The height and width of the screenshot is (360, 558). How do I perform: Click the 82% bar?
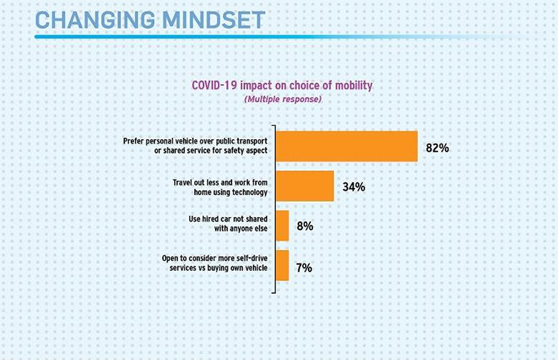tap(346, 147)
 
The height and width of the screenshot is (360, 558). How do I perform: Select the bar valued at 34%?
tap(304, 186)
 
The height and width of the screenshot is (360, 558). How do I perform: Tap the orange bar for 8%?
tap(282, 225)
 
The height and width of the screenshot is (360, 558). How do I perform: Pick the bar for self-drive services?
tap(281, 265)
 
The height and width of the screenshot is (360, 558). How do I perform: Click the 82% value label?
tap(437, 147)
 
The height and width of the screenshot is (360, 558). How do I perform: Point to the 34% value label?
tap(353, 187)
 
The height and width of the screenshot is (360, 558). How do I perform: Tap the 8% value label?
tap(305, 225)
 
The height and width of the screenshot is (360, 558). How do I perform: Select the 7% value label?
tap(304, 266)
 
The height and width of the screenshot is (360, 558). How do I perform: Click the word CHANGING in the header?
tap(90, 20)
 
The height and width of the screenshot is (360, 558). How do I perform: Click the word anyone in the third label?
tap(235, 231)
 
